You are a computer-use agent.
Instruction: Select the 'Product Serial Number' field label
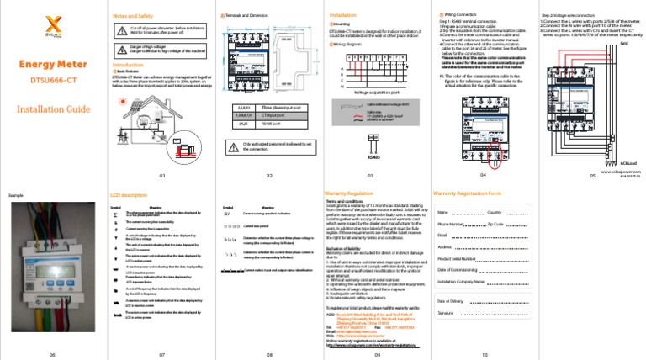(457, 259)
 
